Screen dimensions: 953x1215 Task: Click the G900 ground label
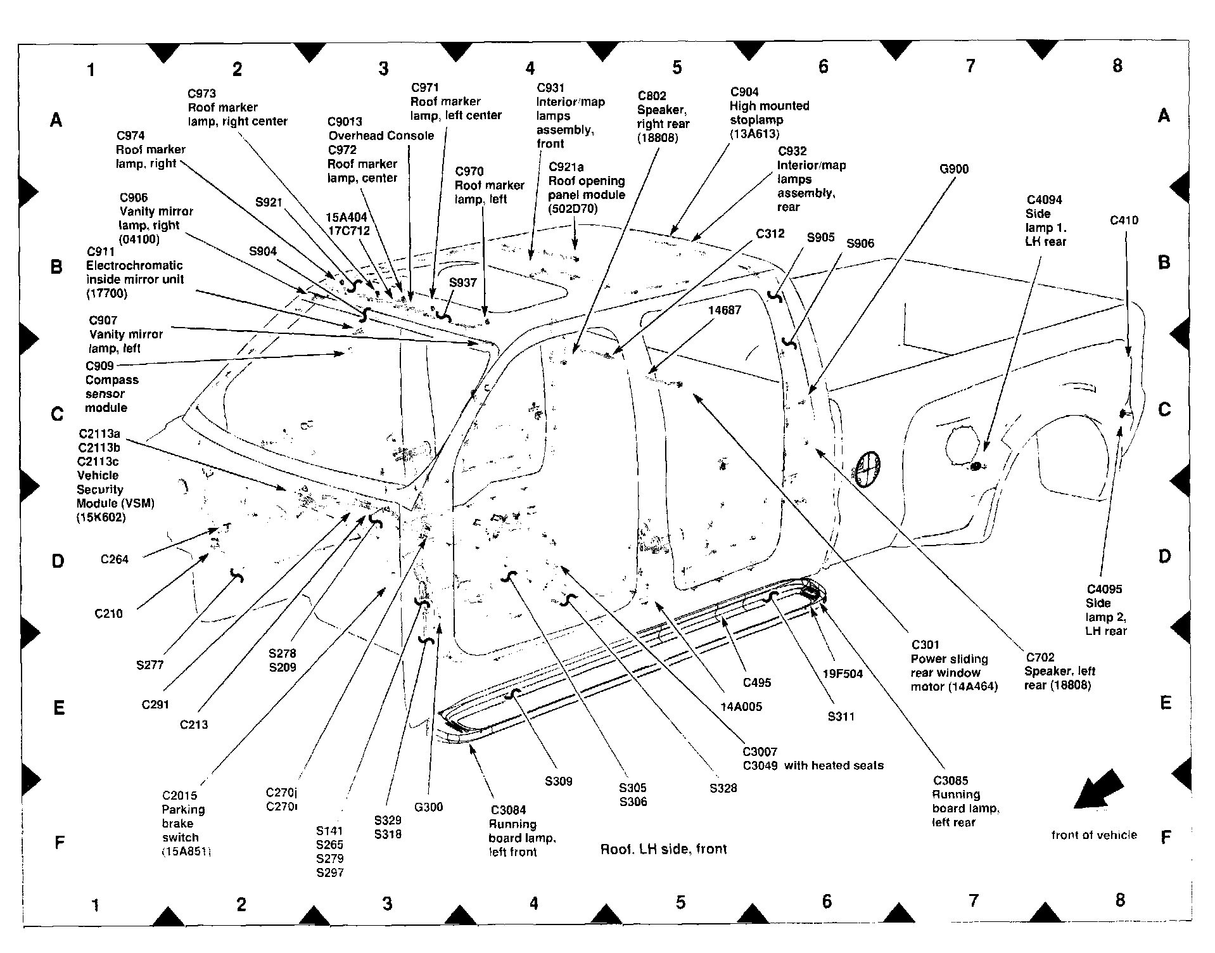coord(953,169)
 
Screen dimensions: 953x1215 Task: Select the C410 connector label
coord(1124,221)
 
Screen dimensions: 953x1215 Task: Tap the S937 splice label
coord(462,283)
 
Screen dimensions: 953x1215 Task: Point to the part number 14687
coord(724,310)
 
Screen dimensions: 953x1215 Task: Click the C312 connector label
coord(770,233)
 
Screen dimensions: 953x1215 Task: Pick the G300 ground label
coord(428,807)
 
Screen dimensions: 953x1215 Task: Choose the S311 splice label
coord(841,717)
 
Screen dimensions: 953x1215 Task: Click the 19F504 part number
coord(843,674)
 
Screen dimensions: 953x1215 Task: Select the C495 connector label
coord(757,682)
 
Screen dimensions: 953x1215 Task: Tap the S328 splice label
coord(723,788)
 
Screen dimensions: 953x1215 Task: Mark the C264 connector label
coord(115,559)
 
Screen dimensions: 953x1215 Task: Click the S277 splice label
coord(149,665)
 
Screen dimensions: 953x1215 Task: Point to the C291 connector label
coord(155,705)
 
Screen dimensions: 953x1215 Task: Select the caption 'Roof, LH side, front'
coord(663,849)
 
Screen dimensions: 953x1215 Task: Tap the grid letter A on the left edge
coord(56,119)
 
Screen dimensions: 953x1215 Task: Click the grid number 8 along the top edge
coord(1117,65)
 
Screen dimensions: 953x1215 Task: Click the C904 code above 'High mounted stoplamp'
coord(744,92)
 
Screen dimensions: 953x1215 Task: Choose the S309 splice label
coord(558,781)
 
